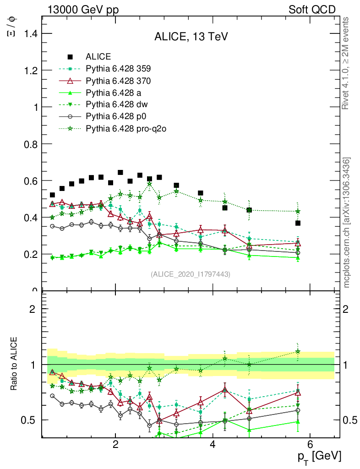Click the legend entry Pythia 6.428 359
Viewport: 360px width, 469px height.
118,69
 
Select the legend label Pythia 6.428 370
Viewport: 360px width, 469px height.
118,81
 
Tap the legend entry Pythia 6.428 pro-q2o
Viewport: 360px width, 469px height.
125,129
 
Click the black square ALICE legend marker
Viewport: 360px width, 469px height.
70,57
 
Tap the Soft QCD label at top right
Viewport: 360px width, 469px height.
312,10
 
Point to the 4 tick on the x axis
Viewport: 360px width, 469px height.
213,444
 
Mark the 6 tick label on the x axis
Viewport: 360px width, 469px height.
310,444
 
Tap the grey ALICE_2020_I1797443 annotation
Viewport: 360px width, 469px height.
191,274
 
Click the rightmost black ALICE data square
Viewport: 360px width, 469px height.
298,223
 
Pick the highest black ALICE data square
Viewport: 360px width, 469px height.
120,173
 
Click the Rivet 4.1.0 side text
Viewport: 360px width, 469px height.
346,63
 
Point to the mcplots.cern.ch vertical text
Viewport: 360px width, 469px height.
347,222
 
